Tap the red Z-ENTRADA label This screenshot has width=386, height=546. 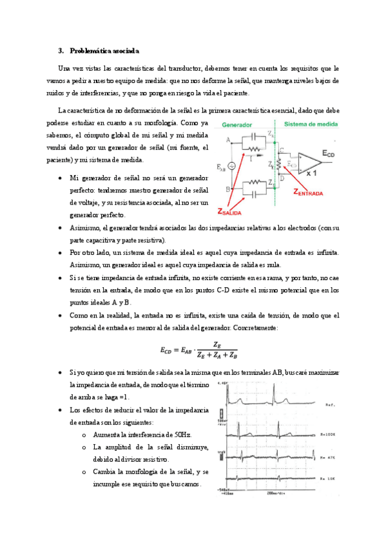313,191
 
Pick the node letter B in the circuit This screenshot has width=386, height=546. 228,189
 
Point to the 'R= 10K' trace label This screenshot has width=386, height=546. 326,479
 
